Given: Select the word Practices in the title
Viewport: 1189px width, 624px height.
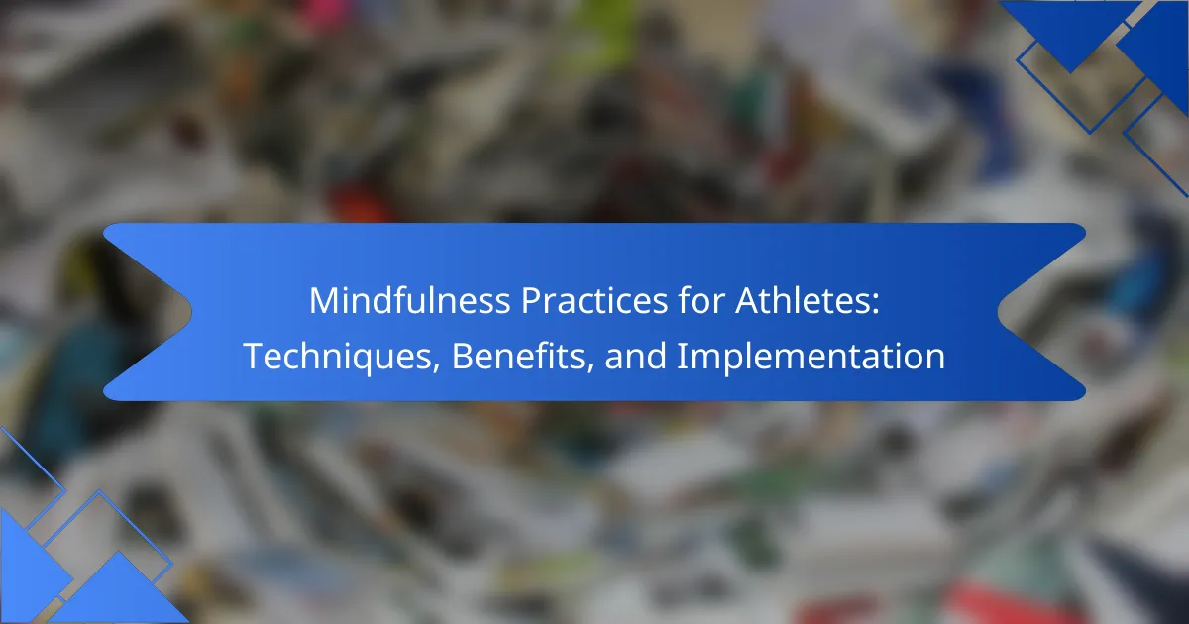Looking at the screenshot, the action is [594, 300].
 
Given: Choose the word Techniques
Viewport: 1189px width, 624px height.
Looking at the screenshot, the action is [338, 356].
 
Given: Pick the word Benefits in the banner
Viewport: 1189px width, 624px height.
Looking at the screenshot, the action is [518, 356].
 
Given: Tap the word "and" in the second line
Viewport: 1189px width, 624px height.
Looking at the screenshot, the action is [635, 356].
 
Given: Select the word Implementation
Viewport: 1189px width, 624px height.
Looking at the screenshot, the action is [811, 356].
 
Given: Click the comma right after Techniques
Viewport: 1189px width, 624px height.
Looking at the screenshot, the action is [436, 368].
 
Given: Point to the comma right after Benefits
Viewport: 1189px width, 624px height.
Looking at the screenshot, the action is [590, 368].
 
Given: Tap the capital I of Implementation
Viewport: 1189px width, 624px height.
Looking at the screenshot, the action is [682, 356].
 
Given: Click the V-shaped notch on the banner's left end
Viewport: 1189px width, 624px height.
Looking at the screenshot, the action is [190, 313].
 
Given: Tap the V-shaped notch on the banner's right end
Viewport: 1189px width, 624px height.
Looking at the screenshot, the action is [999, 313].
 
